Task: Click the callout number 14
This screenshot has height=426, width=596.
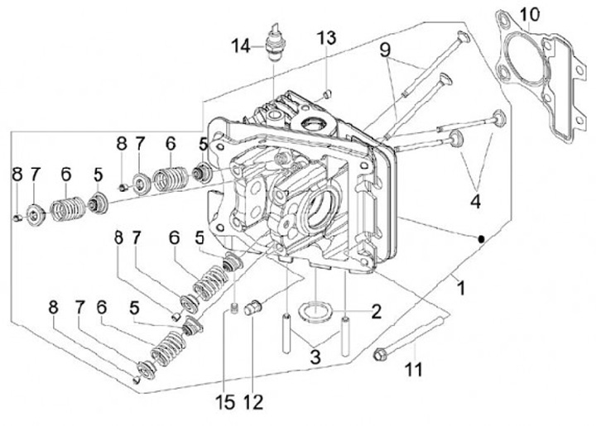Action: tap(242, 46)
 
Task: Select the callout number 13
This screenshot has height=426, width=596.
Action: tap(326, 38)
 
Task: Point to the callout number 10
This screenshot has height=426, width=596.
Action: tap(530, 15)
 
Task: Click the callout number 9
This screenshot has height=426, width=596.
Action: tap(385, 50)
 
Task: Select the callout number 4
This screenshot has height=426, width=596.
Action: tap(475, 200)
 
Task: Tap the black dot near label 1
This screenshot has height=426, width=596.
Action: tap(481, 239)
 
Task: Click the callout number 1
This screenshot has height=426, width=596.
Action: tap(461, 288)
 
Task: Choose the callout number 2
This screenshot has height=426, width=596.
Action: tap(376, 311)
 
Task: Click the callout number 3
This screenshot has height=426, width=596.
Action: tap(315, 357)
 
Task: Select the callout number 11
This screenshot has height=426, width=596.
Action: tap(413, 369)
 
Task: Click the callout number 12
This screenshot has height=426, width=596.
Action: tap(253, 402)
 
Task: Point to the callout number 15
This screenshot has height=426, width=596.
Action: tap(225, 402)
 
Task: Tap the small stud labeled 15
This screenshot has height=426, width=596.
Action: tap(234, 309)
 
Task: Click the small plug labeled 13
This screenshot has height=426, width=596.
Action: tap(328, 93)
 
